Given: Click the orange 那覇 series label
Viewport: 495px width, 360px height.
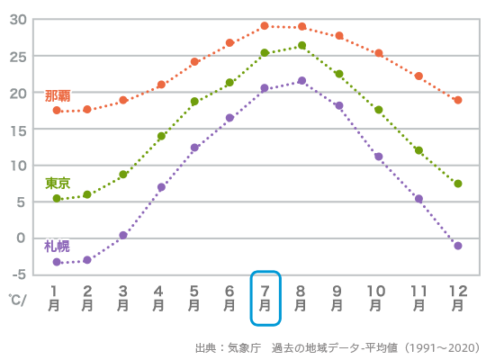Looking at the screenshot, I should click(x=58, y=95).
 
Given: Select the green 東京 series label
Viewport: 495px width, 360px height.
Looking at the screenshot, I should click(x=58, y=183).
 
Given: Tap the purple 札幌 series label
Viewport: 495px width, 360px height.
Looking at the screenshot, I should click(x=58, y=246).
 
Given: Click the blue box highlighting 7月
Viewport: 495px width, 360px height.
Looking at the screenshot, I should click(x=265, y=298).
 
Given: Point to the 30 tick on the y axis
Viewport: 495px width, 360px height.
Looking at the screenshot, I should click(x=19, y=20).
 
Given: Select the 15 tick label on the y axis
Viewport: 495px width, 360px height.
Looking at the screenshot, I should click(x=19, y=129).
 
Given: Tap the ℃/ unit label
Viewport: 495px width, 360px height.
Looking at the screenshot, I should click(x=18, y=299).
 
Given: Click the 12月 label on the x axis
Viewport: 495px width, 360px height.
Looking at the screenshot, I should click(x=458, y=298).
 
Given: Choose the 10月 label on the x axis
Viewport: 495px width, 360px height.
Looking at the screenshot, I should click(x=378, y=298).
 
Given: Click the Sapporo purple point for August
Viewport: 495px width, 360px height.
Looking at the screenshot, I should click(x=301, y=81).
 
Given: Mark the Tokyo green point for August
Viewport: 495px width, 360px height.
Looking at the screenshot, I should click(x=301, y=45).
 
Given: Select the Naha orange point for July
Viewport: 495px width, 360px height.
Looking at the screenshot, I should click(x=265, y=26).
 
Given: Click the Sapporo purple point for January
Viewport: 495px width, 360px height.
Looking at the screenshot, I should click(x=57, y=262).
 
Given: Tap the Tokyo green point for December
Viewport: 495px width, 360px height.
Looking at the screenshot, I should click(x=458, y=184).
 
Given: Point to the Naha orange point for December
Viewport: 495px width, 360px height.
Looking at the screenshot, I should click(x=458, y=100).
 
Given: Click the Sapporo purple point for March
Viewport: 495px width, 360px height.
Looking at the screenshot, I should click(x=123, y=235).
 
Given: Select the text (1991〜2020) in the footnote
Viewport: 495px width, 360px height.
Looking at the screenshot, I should click(x=441, y=347).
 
